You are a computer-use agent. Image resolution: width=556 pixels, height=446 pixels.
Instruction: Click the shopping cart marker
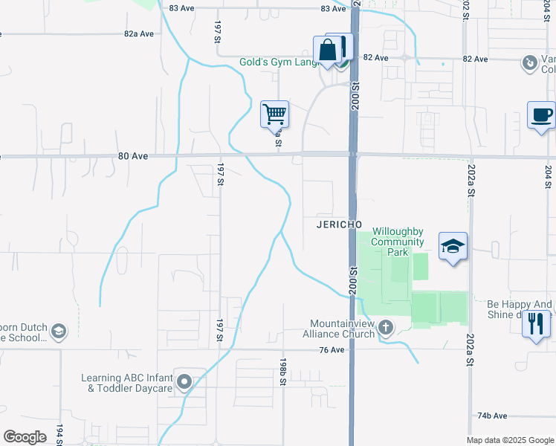click(274, 114)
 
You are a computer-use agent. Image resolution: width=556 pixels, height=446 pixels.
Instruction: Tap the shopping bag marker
click(327, 51)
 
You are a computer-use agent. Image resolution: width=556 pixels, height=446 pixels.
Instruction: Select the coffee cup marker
click(540, 115)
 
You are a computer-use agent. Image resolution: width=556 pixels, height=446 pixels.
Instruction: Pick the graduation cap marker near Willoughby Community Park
click(453, 246)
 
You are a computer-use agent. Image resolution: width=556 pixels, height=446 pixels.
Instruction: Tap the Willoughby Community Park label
click(398, 242)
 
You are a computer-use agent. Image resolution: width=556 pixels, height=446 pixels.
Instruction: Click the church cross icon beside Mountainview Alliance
click(386, 327)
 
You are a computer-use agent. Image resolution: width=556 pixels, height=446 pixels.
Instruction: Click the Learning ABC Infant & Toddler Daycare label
click(126, 383)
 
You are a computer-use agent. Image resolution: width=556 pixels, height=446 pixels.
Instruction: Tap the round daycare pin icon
click(184, 383)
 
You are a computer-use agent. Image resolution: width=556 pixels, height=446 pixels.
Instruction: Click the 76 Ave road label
click(332, 350)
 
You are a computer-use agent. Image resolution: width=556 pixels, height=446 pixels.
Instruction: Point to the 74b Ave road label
click(491, 416)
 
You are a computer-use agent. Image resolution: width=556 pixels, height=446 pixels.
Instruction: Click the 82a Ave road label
click(139, 34)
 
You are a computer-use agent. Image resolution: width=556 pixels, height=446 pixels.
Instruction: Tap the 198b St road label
click(283, 372)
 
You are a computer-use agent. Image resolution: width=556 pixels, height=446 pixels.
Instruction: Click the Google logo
click(25, 437)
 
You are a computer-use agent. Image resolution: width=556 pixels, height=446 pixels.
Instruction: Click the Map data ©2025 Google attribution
click(509, 440)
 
